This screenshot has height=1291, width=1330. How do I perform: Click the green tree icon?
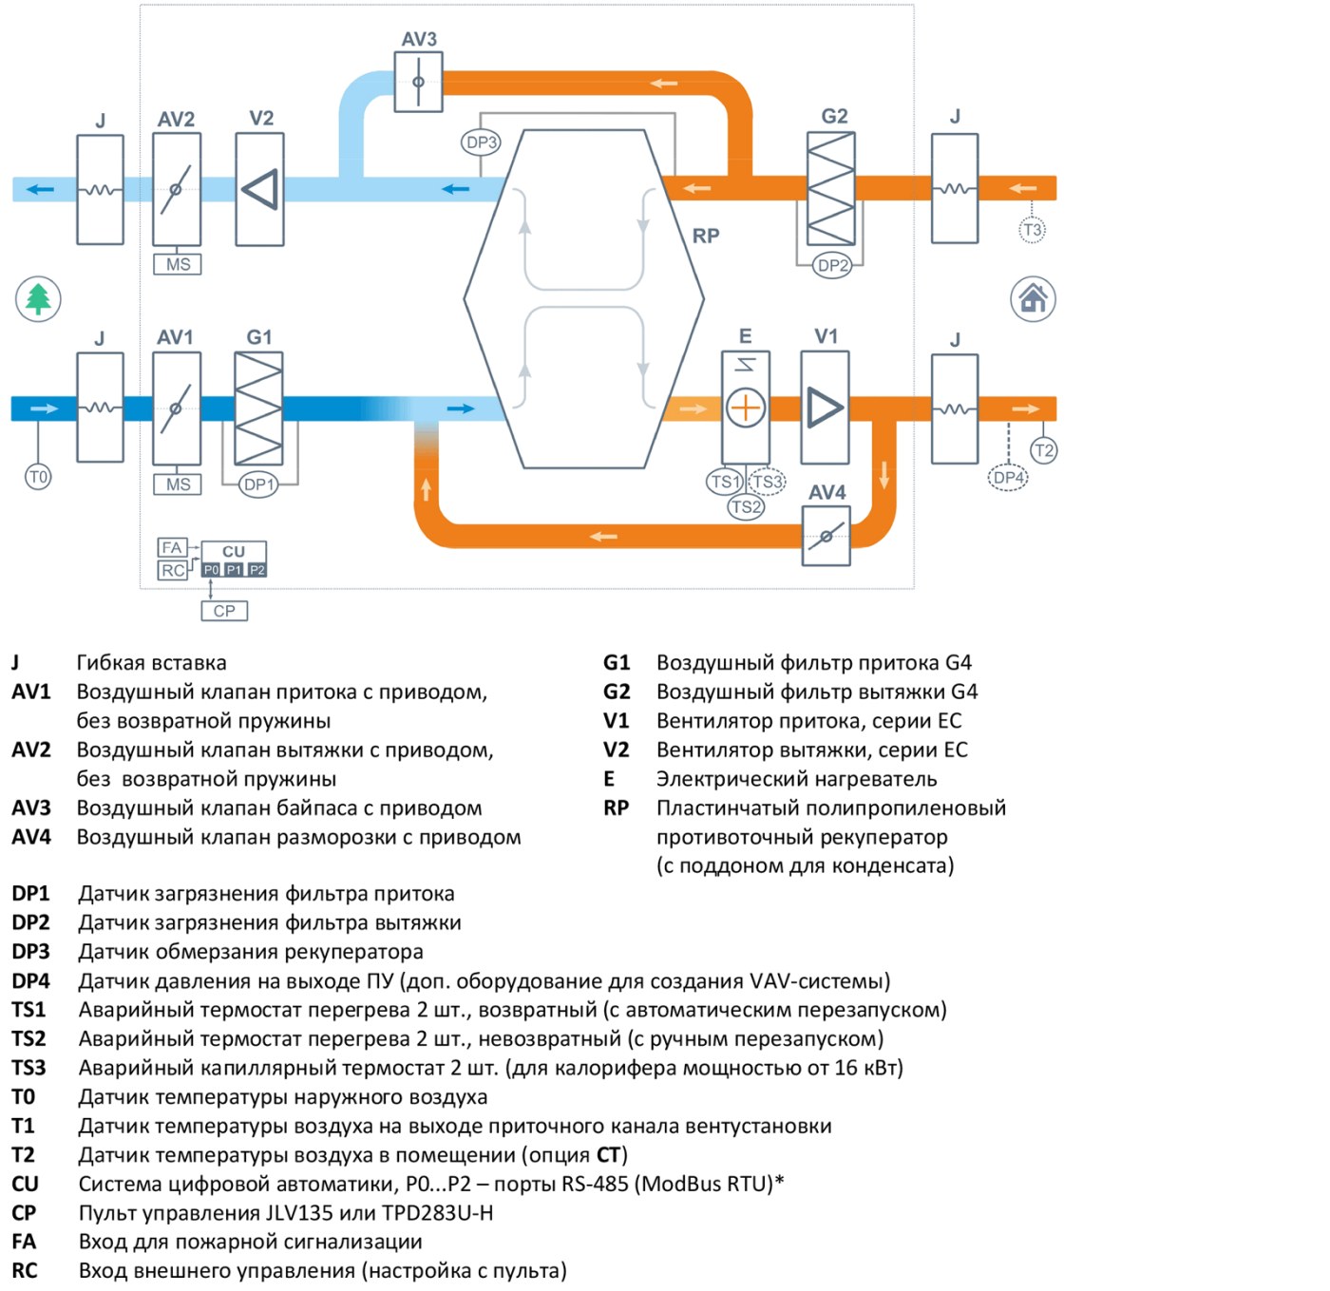[x=38, y=299]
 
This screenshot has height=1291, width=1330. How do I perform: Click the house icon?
[x=1033, y=298]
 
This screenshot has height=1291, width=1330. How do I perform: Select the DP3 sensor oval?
[x=481, y=142]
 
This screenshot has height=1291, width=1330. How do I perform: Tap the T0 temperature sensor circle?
[x=38, y=476]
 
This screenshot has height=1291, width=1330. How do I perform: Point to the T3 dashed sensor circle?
[x=1032, y=230]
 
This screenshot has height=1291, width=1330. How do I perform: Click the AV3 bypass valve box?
[x=418, y=82]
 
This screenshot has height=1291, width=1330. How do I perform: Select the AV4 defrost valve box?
[x=826, y=536]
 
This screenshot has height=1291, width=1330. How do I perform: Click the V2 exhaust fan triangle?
[x=259, y=189]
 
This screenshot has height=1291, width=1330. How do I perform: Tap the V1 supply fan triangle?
[x=825, y=408]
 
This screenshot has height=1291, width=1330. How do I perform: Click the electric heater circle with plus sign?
[x=745, y=408]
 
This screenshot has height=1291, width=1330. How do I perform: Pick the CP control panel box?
[x=224, y=610]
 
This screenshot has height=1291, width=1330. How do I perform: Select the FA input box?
[x=172, y=547]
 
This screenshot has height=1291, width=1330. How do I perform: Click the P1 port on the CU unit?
[x=235, y=569]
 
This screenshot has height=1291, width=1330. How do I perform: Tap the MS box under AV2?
[x=178, y=264]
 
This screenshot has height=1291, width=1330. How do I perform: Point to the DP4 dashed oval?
[x=1007, y=477]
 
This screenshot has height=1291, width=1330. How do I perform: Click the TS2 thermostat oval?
[x=746, y=506]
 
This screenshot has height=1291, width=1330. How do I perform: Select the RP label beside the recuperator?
[x=706, y=236]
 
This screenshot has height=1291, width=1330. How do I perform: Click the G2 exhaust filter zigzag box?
[x=831, y=189]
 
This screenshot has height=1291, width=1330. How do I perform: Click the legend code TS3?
[x=28, y=1068]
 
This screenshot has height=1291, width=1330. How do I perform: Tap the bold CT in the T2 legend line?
[x=608, y=1155]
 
